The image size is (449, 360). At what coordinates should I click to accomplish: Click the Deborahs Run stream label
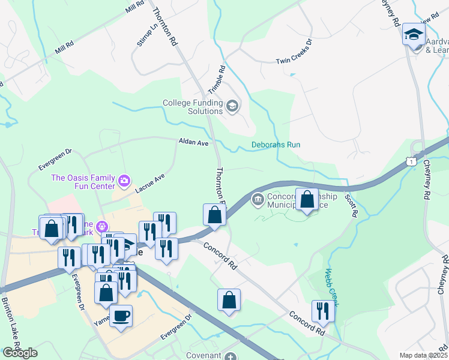click(276, 145)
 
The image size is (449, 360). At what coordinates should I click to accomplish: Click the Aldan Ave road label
click(193, 143)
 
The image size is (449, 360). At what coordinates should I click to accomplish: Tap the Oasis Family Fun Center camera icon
click(124, 179)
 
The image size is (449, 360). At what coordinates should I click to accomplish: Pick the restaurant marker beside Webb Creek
click(323, 311)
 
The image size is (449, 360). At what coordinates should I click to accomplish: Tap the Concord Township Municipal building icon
click(258, 199)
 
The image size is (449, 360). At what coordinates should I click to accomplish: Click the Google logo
click(20, 353)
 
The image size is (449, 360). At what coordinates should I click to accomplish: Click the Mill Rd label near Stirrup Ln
click(135, 8)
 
